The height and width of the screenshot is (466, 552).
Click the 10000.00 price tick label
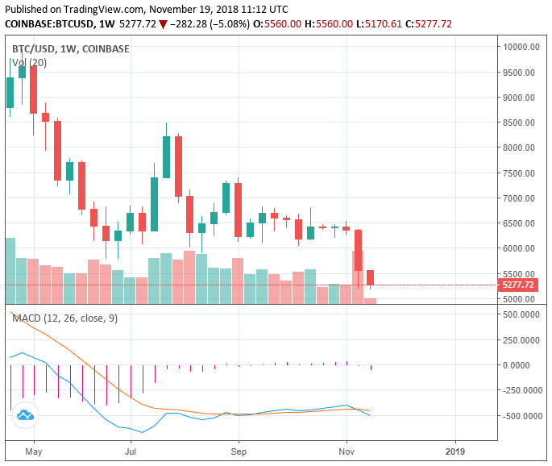[x=521, y=47]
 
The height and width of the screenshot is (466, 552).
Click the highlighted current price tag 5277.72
[x=518, y=285]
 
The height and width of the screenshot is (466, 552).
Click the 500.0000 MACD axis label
[x=522, y=314]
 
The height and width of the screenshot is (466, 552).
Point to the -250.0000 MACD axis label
[x=521, y=390]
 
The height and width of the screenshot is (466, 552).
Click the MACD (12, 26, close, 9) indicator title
[x=64, y=318]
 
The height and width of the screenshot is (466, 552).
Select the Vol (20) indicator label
[x=29, y=62]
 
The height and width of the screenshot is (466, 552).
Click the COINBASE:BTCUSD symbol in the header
[x=46, y=24]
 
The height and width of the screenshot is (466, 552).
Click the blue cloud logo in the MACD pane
[x=24, y=415]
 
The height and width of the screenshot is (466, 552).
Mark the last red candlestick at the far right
[x=370, y=277]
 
